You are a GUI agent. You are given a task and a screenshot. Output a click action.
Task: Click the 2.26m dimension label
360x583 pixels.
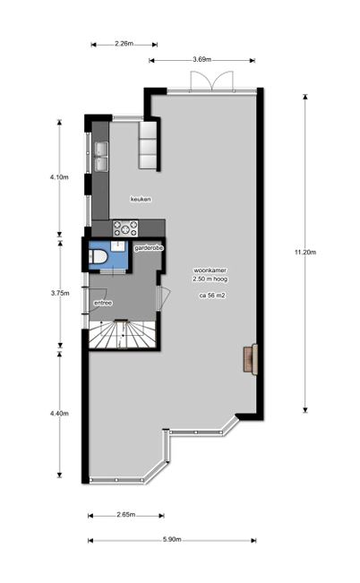tap(124, 44)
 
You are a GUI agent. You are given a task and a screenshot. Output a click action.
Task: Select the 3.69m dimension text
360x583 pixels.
tap(202, 59)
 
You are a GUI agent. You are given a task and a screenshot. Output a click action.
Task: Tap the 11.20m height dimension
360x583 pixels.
tap(305, 253)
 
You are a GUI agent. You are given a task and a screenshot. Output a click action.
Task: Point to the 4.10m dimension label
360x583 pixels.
tap(59, 177)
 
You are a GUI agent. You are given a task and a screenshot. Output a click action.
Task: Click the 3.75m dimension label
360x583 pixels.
tap(60, 293)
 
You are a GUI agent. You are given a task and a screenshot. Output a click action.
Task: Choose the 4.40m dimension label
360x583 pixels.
tap(59, 413)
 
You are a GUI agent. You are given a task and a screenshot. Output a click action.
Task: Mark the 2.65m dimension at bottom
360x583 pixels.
tap(125, 515)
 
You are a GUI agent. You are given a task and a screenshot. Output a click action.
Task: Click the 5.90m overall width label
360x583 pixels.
tap(172, 539)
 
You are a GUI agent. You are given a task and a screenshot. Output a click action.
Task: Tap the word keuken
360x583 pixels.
tap(141, 200)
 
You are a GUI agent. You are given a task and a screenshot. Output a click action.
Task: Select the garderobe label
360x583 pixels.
tap(149, 248)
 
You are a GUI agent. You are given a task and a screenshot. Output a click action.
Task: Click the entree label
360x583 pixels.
tap(103, 303)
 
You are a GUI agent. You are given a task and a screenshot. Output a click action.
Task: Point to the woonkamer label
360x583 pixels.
tap(210, 270)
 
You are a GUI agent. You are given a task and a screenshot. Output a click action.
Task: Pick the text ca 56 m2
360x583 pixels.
tap(212, 296)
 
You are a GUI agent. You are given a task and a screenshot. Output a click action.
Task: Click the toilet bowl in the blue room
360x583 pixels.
tap(99, 256)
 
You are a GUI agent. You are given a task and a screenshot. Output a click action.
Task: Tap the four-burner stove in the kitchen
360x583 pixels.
tap(125, 228)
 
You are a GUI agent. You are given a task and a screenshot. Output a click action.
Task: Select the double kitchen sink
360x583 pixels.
tap(101, 157)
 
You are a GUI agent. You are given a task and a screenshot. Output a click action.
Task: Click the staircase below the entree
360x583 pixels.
tap(122, 334)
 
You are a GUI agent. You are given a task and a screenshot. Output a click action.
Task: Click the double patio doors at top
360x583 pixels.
tap(212, 81)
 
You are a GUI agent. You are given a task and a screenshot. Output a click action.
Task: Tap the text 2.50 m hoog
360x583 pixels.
tap(210, 279)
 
